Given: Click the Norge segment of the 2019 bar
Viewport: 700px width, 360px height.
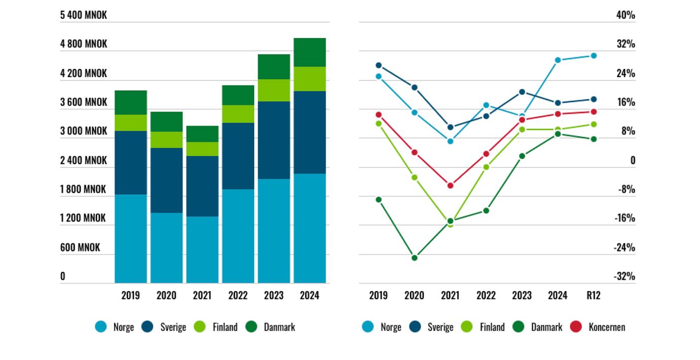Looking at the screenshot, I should coord(130,238).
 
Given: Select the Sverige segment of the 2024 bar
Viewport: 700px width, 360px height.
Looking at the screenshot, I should coord(309,132).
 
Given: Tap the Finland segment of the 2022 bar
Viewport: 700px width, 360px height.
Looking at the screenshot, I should coord(238,114).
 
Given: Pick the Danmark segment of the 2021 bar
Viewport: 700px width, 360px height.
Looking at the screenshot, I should coord(202,134).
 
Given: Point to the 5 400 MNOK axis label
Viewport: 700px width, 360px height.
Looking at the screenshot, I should coord(84,15).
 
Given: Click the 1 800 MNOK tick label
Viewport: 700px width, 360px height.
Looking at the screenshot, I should coord(84,189).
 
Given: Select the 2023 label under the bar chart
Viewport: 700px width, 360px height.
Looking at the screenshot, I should coord(274,295).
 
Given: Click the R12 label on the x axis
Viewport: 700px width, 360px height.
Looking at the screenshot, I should coord(593,295).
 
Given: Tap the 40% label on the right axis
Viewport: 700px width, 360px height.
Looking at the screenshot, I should coord(625,15).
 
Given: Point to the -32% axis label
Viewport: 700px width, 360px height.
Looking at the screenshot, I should coord(624,276).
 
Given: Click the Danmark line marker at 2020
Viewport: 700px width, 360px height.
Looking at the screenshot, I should coord(414,258).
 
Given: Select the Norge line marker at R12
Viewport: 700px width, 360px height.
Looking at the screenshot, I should coord(593,56).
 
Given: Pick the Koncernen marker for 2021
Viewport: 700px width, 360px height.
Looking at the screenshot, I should coord(450,185).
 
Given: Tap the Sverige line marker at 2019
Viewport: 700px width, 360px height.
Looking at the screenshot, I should coord(378,65).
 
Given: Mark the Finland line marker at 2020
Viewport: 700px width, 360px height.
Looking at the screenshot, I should coord(414,177).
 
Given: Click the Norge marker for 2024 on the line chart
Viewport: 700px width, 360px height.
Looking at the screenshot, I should coord(557,60).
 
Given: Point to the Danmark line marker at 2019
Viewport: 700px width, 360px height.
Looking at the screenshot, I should coord(378,199).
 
